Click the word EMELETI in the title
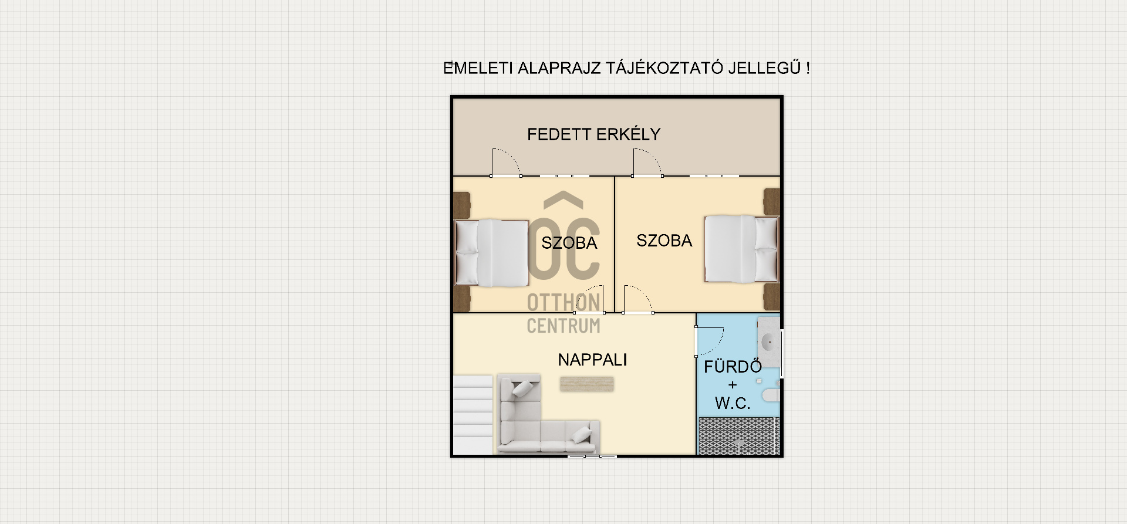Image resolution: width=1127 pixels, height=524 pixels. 477,68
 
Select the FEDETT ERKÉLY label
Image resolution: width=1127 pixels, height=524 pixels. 593,134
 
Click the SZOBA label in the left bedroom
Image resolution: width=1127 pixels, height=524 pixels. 569,243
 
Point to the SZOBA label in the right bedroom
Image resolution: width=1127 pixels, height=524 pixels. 664,241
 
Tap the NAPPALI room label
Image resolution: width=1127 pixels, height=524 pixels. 592,360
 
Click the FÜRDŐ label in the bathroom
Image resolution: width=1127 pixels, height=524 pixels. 733,367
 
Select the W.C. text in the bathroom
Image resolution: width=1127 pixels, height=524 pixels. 733,403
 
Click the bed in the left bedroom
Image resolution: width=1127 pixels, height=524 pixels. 492,253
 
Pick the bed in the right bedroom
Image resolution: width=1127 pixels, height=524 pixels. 741,249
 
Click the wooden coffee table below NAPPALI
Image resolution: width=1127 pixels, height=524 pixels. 586,384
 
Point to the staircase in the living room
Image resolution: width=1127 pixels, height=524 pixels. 473,415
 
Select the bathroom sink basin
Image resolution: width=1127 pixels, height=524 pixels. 768,341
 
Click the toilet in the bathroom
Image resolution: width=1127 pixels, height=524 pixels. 771,394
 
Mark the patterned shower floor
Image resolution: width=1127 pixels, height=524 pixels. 739,436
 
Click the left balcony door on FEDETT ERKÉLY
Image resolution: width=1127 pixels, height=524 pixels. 505,163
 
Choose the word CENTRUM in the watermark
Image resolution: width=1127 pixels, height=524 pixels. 563,326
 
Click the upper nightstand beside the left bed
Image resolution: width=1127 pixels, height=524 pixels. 462,205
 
